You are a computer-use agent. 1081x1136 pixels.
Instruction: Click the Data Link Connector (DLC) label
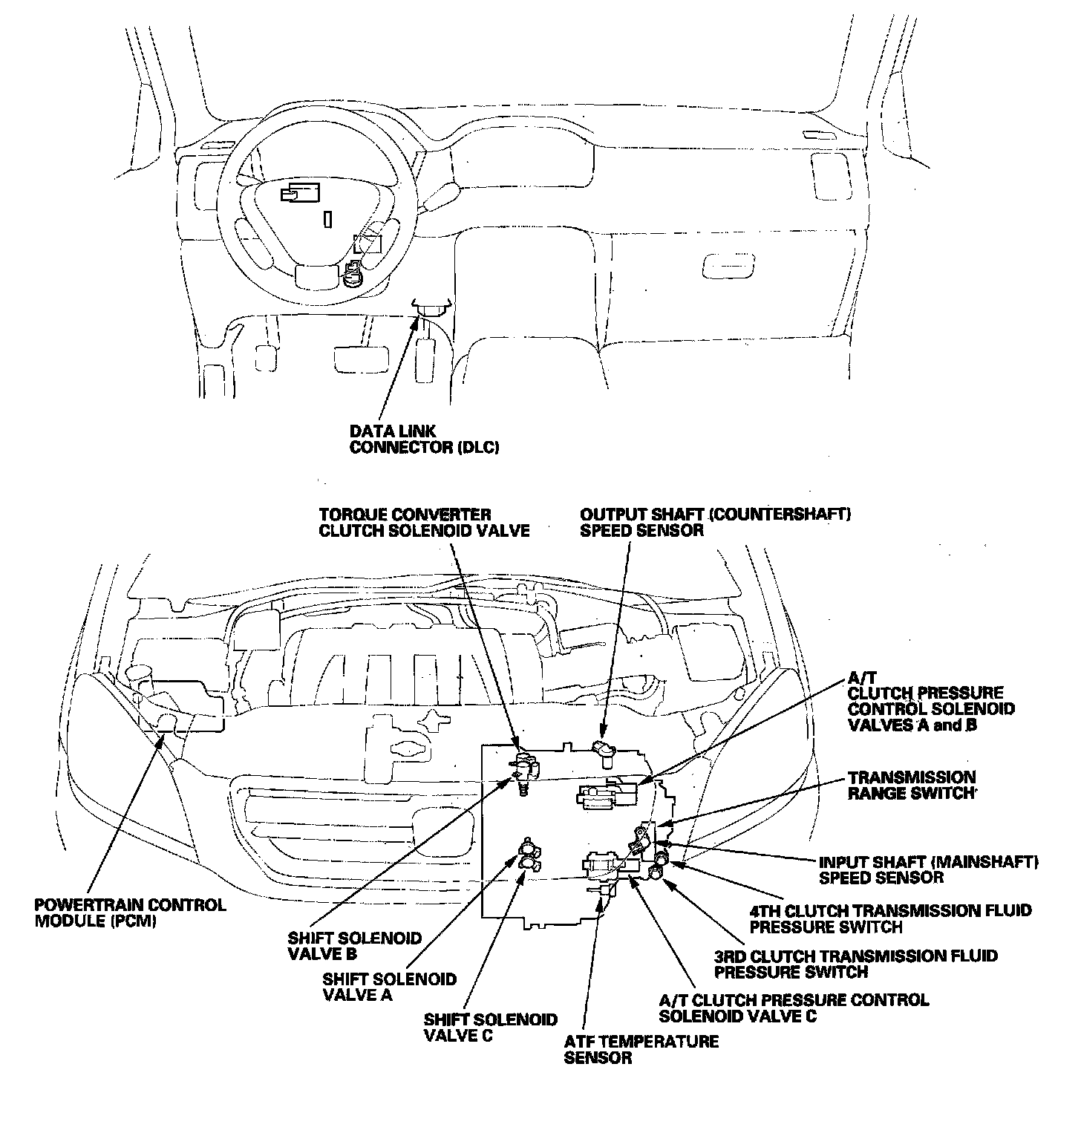point(424,440)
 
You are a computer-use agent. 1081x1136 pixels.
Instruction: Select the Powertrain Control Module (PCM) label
point(130,913)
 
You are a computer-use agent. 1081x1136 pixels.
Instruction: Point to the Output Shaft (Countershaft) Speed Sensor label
point(715,522)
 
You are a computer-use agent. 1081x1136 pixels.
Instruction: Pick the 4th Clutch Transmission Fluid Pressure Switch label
point(890,918)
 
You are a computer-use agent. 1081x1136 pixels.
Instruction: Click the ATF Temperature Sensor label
point(641,1049)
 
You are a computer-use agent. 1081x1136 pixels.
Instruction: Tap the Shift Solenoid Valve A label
point(390,988)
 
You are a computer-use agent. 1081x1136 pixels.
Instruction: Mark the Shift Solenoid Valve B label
point(354,947)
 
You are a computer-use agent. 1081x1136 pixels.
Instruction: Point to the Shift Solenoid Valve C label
point(490,1028)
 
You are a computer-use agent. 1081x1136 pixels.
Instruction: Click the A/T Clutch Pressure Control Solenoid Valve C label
point(794,1008)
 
